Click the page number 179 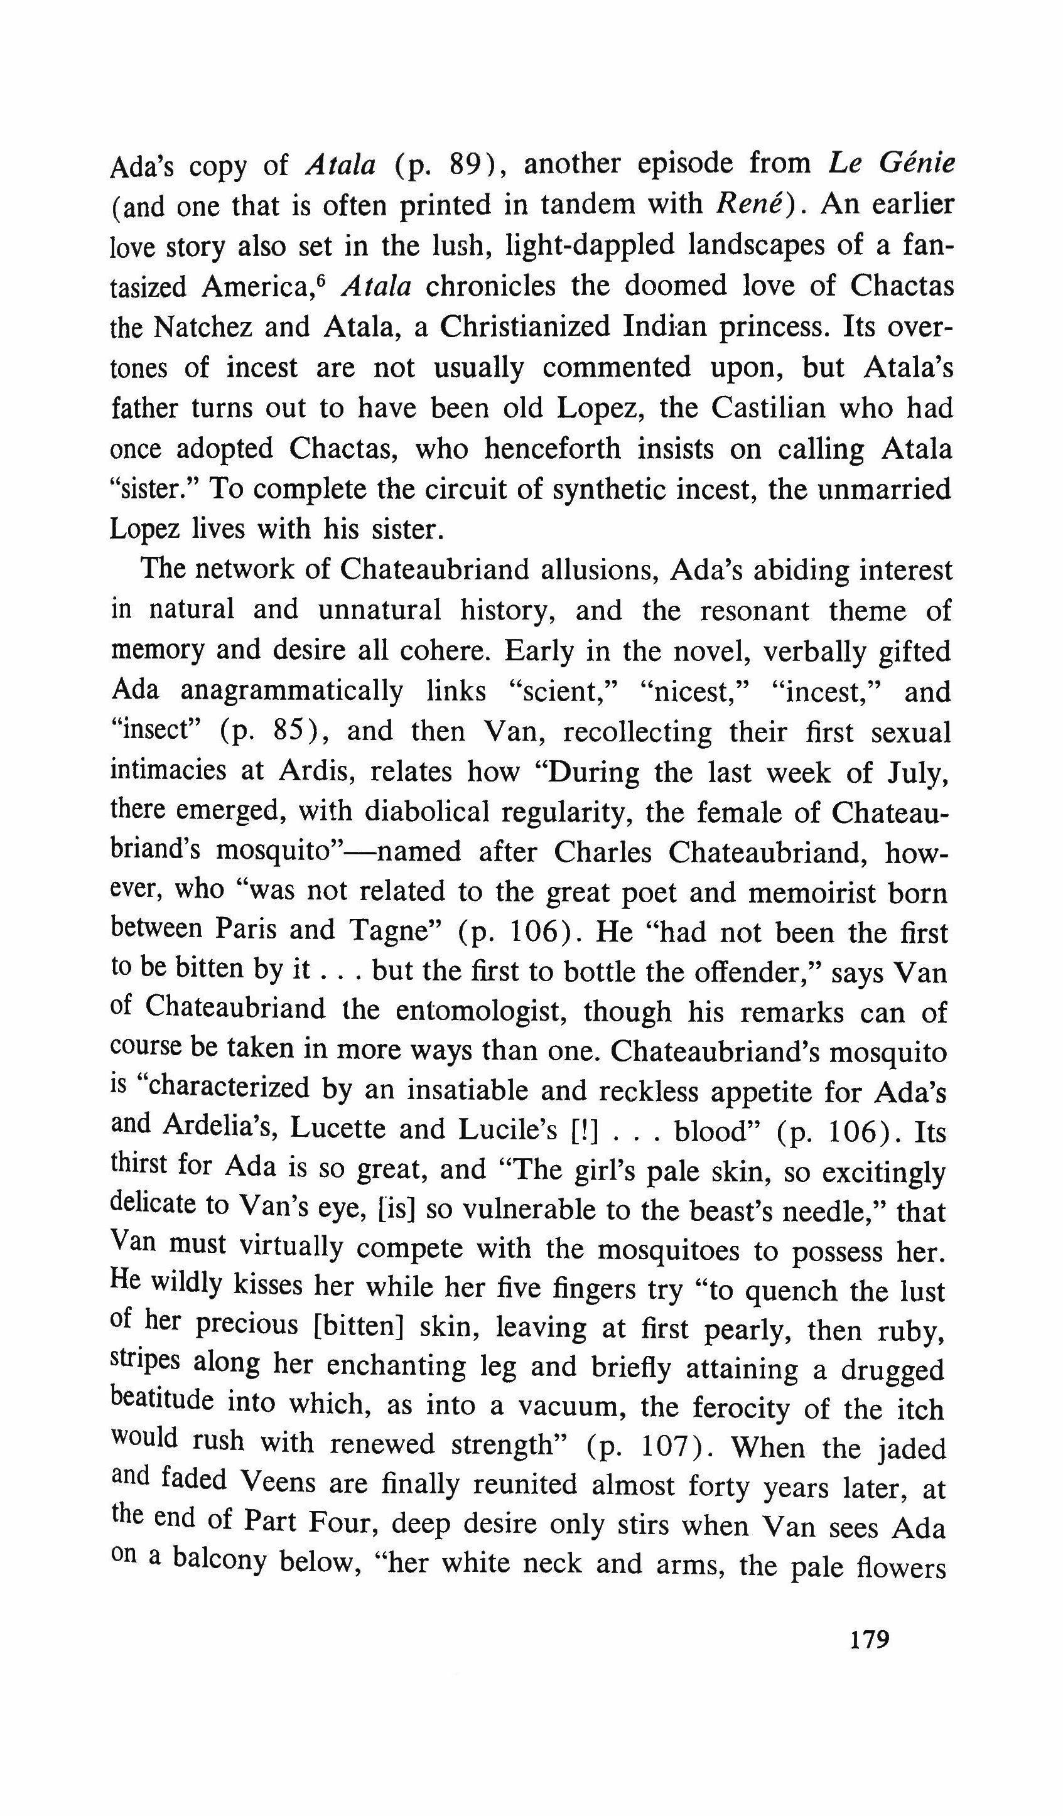pyautogui.click(x=869, y=1640)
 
